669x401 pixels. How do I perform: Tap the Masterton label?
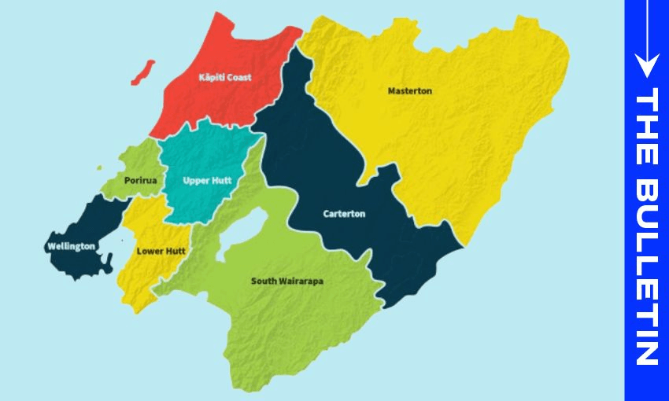pos(409,91)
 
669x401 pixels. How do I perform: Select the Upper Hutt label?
pos(206,180)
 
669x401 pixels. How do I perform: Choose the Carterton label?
pos(344,214)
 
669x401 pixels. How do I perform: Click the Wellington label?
pos(71,246)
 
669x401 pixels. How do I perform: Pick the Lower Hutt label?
pos(161,252)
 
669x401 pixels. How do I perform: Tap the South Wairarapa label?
pos(287,281)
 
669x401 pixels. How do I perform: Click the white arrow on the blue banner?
pos(646,39)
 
